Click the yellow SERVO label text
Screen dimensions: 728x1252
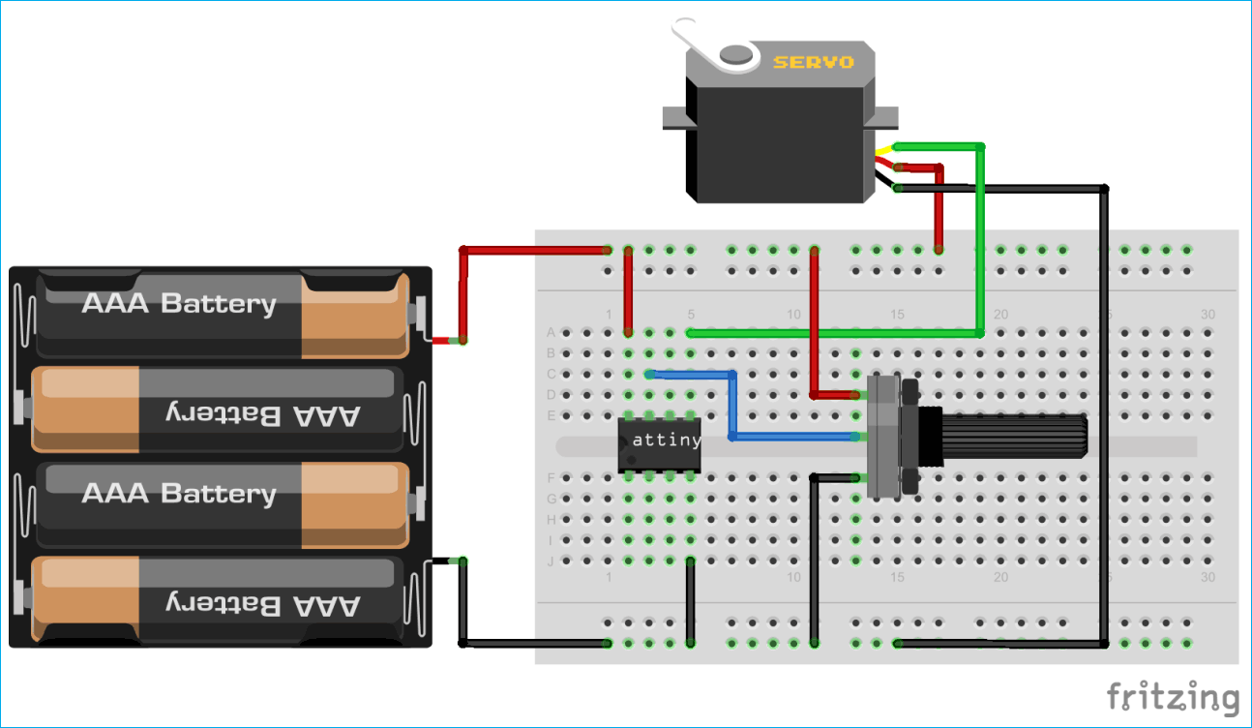[813, 62]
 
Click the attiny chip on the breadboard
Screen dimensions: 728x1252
[660, 444]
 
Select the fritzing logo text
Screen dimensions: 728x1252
[1173, 696]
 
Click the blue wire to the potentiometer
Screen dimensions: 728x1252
[732, 407]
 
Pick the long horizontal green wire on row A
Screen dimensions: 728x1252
[832, 332]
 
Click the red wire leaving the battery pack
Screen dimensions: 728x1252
[463, 290]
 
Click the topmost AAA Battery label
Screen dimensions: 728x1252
[179, 304]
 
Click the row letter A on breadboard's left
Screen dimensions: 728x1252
[551, 332]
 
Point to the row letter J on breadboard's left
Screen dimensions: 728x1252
[551, 561]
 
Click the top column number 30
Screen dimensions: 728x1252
[1207, 315]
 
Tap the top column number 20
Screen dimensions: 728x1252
[1000, 315]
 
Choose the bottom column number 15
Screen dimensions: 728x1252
[897, 578]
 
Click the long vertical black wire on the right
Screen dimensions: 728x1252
[1105, 416]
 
